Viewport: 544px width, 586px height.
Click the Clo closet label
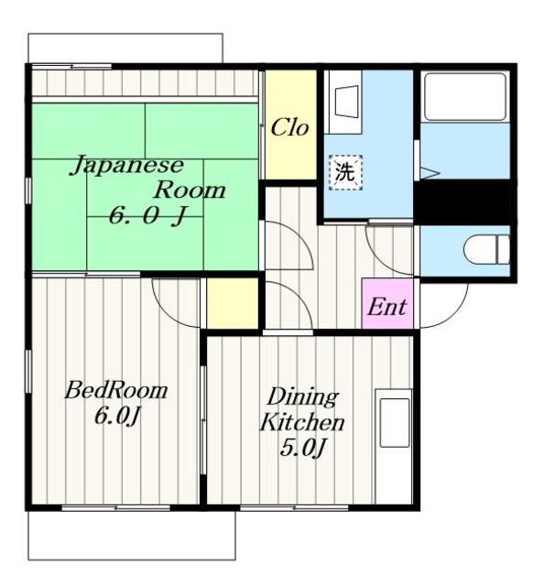point(289,128)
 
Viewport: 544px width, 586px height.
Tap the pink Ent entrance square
point(387,303)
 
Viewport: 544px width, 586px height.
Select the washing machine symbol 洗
point(345,172)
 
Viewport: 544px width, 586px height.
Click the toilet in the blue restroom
point(487,249)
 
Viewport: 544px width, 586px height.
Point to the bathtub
point(465,96)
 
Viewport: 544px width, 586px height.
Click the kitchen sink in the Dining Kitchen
point(395,423)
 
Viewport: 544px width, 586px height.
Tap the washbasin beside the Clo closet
point(347,102)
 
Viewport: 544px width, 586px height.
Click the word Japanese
point(127,167)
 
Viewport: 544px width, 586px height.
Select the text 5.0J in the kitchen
point(301,448)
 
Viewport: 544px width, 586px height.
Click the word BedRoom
point(116,391)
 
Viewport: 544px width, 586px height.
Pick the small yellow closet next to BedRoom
point(233,303)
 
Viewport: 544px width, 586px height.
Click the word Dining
point(302,398)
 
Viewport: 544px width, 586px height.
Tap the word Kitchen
point(302,422)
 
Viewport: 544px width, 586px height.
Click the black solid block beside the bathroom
point(462,201)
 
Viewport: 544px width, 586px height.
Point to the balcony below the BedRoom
point(132,535)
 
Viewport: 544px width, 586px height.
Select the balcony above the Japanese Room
point(125,49)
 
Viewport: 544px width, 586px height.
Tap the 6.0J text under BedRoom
point(117,416)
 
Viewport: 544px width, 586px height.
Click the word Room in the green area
point(190,190)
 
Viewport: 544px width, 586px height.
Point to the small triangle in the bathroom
point(429,173)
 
